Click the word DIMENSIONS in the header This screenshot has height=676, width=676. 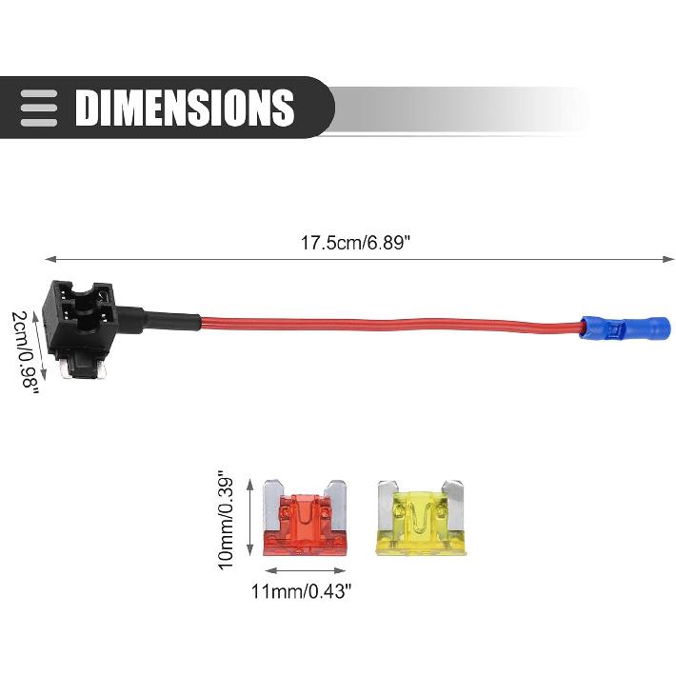[185, 108]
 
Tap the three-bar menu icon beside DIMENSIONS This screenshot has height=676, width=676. [39, 108]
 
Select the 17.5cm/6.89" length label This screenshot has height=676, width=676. [354, 242]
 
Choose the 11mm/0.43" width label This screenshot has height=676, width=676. [302, 591]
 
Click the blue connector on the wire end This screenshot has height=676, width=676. [625, 328]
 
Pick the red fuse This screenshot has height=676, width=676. [305, 518]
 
